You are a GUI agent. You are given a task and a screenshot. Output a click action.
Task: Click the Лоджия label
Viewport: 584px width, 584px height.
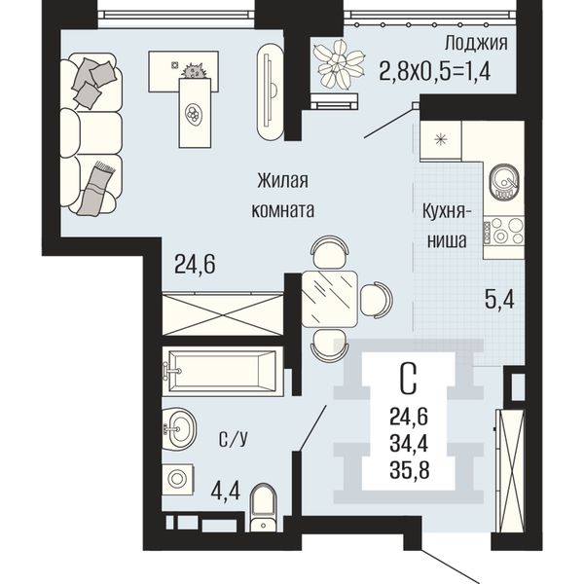tap(476, 44)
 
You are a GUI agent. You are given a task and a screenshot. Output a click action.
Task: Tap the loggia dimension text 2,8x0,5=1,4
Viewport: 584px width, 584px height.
tap(435, 71)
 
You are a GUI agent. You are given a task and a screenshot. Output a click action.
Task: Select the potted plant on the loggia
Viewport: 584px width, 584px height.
tap(339, 63)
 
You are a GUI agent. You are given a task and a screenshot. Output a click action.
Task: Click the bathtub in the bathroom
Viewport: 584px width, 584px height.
tap(222, 371)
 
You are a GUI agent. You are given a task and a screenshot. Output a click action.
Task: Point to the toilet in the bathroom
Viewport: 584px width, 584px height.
tap(264, 509)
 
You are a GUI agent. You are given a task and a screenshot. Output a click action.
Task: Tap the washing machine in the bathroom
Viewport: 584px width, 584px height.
tap(177, 478)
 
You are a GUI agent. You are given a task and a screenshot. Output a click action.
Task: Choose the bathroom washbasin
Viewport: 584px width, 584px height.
tap(179, 428)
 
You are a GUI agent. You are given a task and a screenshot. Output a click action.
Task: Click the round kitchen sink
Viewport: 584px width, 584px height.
tap(504, 181)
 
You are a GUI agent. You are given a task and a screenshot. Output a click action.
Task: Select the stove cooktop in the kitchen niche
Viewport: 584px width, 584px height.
tap(503, 231)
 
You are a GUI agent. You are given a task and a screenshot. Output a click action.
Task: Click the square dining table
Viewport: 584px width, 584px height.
tap(330, 299)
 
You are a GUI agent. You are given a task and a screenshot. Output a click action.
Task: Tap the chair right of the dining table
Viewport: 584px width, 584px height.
tap(377, 300)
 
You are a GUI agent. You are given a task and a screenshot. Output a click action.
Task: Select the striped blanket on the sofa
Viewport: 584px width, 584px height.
tap(96, 188)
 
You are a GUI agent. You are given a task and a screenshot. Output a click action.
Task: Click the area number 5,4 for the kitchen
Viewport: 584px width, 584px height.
tap(499, 300)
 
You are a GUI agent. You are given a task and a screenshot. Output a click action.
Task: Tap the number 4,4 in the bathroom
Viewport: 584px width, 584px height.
tap(226, 491)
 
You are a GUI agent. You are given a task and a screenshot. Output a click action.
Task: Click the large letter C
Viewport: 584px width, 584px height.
tap(409, 380)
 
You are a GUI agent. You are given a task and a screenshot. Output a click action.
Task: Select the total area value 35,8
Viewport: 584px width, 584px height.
tap(410, 470)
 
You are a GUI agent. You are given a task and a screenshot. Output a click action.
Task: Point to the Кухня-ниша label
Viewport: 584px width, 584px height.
tap(446, 226)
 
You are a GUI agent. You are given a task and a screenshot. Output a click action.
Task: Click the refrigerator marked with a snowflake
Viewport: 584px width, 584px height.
tap(441, 140)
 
